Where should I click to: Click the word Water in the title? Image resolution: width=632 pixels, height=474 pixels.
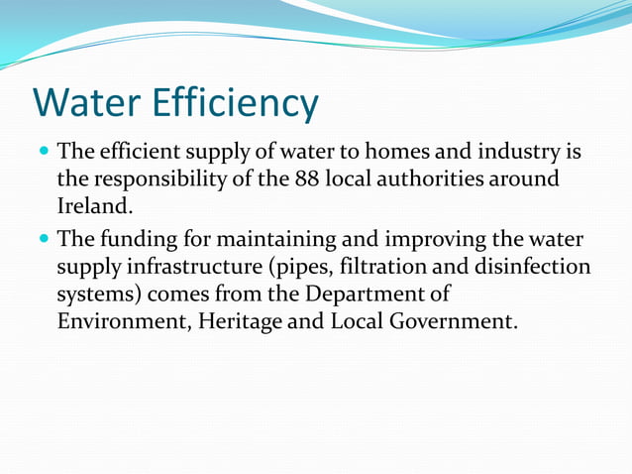point(86,103)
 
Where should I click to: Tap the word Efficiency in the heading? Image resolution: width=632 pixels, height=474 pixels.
point(236,103)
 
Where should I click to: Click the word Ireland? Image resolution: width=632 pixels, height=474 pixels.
point(92,206)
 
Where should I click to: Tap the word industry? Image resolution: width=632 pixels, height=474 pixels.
point(528,154)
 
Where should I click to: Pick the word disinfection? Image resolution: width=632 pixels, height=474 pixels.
point(535,267)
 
